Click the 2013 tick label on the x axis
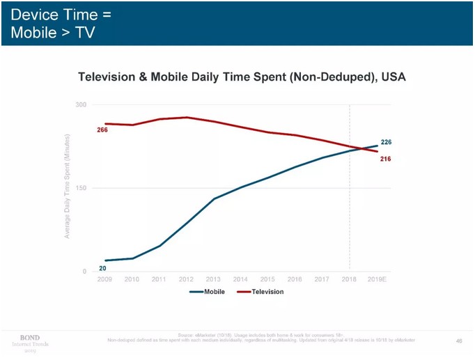tap(214, 279)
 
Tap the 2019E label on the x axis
tap(377, 279)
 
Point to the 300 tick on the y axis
tap(81, 105)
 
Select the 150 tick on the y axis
tap(81, 188)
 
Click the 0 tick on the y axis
tap(84, 272)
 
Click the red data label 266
tap(102, 130)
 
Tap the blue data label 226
tap(386, 142)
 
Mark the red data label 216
tap(385, 159)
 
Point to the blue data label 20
tap(102, 268)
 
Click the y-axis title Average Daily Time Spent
tap(68, 187)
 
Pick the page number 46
tap(458, 341)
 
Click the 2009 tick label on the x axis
tap(105, 279)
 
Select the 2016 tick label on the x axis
tap(295, 279)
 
